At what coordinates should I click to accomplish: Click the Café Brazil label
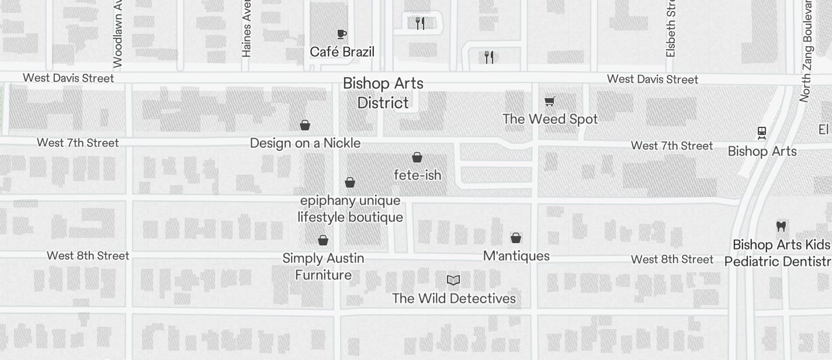pyautogui.click(x=342, y=52)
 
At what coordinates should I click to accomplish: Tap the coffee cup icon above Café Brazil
pyautogui.click(x=342, y=34)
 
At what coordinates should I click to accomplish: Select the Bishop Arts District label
pyautogui.click(x=383, y=93)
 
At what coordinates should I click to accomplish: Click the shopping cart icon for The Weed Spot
pyautogui.click(x=550, y=102)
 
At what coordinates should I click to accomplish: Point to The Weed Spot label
pyautogui.click(x=550, y=119)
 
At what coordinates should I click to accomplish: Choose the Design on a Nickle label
pyautogui.click(x=305, y=143)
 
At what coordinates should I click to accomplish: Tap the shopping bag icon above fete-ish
pyautogui.click(x=417, y=157)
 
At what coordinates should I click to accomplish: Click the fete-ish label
pyautogui.click(x=417, y=175)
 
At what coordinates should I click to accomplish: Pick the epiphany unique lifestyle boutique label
pyautogui.click(x=350, y=209)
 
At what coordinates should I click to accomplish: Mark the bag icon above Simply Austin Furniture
pyautogui.click(x=323, y=240)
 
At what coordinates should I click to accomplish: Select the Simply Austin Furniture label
pyautogui.click(x=323, y=266)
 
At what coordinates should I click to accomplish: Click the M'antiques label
pyautogui.click(x=516, y=256)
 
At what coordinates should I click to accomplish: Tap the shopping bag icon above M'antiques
pyautogui.click(x=516, y=238)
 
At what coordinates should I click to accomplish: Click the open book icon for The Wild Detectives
pyautogui.click(x=453, y=281)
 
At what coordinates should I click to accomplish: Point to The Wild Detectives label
pyautogui.click(x=454, y=299)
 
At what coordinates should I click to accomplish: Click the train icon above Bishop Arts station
pyautogui.click(x=762, y=133)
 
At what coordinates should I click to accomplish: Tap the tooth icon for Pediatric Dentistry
pyautogui.click(x=781, y=226)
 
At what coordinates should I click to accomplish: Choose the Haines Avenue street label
pyautogui.click(x=247, y=29)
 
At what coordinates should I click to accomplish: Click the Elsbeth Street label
pyautogui.click(x=671, y=29)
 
